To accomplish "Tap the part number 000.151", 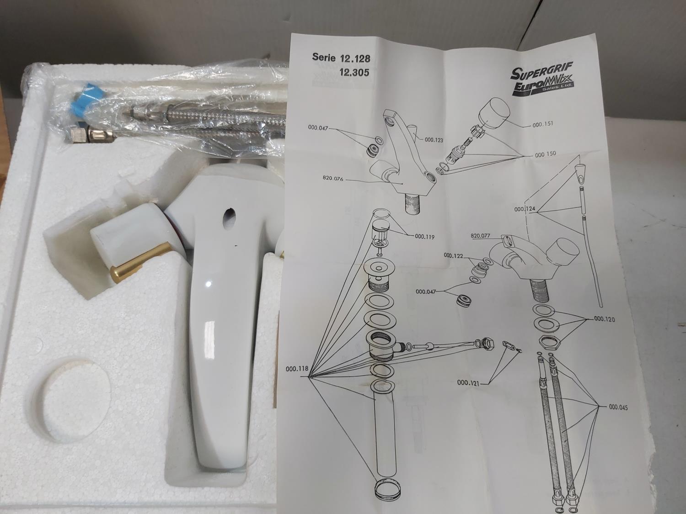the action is tap(542, 123).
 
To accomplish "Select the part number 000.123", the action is tap(434, 140).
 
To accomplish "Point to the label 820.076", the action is tap(333, 179).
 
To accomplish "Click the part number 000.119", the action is tap(424, 237).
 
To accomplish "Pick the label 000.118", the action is tap(297, 369).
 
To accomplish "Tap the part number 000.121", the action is tap(468, 382).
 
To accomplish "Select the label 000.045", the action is tap(618, 407).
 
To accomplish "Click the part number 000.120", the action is tap(604, 319).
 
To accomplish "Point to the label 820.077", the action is tap(481, 236).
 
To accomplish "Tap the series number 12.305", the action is tap(354, 73).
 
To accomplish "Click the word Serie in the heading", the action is tap(323, 57).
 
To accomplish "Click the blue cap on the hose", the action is tap(82, 99).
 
